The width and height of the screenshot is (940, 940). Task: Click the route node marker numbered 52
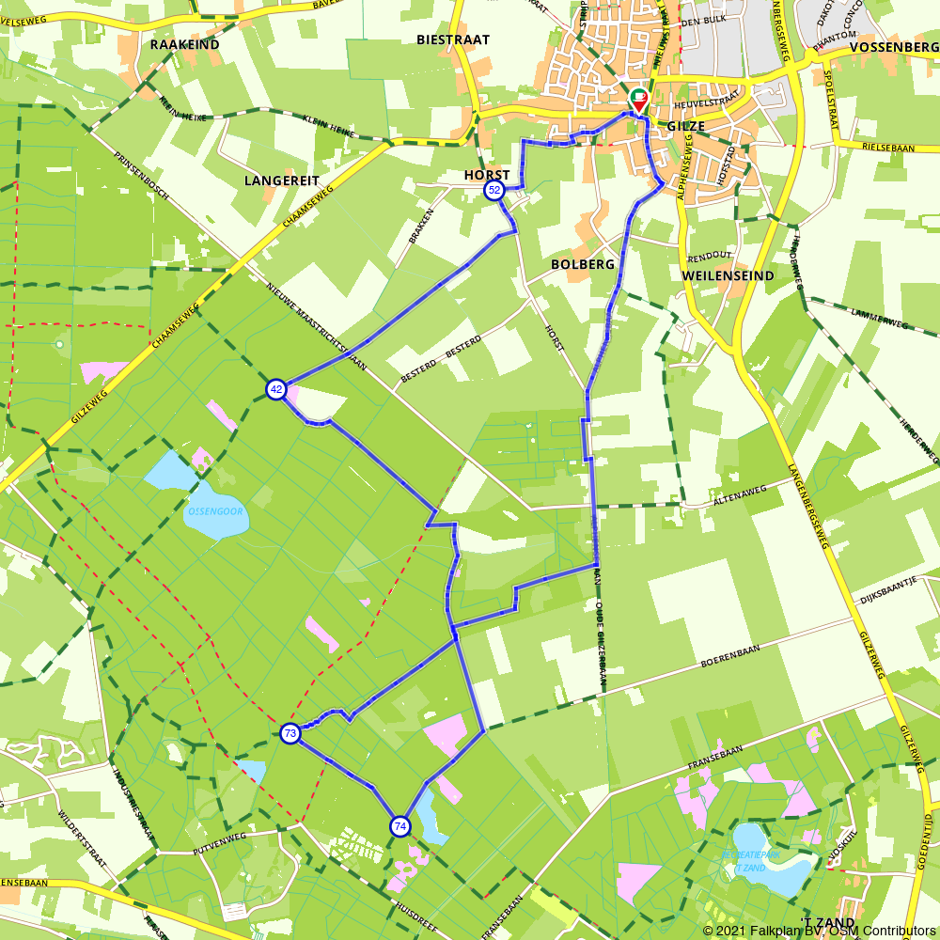click(494, 191)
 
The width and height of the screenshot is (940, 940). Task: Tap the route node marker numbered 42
click(275, 389)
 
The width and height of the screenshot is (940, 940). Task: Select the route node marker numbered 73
click(290, 733)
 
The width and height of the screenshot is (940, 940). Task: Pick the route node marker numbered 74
click(400, 826)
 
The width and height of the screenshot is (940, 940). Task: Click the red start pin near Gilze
click(638, 101)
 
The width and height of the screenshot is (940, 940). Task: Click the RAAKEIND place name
click(184, 44)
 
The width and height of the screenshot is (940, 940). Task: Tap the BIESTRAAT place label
click(454, 39)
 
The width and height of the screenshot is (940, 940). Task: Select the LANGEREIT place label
click(282, 180)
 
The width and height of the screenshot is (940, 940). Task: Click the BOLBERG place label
click(583, 264)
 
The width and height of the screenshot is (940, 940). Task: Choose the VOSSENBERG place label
click(892, 47)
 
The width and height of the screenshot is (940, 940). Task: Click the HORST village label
click(487, 175)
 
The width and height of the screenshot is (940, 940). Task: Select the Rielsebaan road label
click(888, 146)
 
